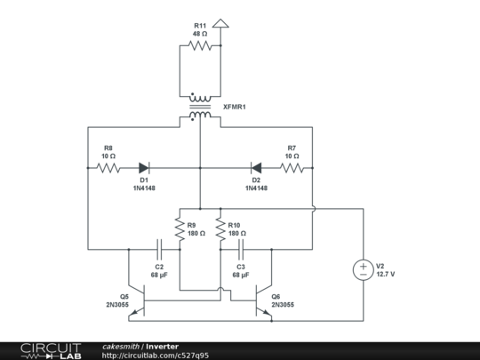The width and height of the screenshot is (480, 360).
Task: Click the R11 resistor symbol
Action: pos(201,44)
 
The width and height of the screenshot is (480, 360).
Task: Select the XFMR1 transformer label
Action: pos(235,107)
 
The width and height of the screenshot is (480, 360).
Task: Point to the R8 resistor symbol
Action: pos(108,167)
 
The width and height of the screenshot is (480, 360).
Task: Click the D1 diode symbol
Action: pos(143,167)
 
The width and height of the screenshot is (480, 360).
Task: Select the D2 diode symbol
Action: pos(256,167)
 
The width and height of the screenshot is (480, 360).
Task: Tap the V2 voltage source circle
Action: pos(363,270)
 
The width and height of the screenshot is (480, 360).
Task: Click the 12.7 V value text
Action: pos(386,275)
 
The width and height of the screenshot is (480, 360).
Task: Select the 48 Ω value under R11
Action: pos(201,33)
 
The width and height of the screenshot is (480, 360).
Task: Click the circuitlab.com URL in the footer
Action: pos(156,356)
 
